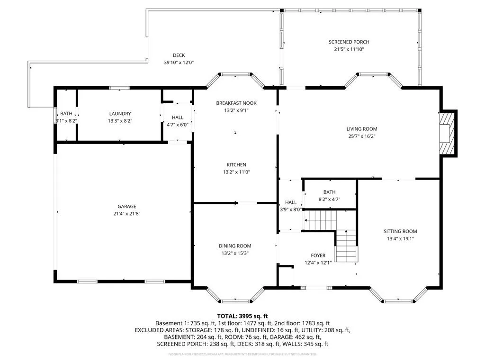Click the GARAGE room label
127,206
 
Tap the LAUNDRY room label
120,114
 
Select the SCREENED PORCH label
349,42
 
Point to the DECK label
179,55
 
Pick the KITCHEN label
236,165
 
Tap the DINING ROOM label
235,246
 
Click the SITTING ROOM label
400,231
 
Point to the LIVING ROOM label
362,129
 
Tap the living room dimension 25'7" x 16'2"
362,136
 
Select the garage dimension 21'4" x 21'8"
127,214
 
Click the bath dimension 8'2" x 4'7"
330,199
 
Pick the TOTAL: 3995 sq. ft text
242,316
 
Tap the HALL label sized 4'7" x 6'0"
177,118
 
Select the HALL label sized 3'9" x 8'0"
290,202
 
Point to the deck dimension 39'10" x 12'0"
179,62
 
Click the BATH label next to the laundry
66,114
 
